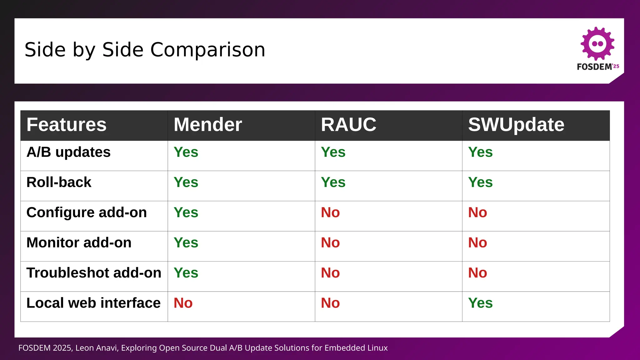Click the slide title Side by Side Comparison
pos(145,50)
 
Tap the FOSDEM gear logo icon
pos(597,43)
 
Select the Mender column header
pos(208,125)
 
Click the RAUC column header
pos(348,125)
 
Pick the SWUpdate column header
pos(516,125)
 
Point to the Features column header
pos(67,125)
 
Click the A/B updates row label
pos(68,152)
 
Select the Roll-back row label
pos(59,182)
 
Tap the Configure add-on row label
pos(87,212)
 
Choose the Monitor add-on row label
pos(79,242)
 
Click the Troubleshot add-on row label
pos(94,273)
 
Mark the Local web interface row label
pos(93,303)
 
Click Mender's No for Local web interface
pos(183,303)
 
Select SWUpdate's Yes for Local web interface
pos(480,303)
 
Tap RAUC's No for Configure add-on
pos(330,212)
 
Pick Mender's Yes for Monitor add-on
pos(186,242)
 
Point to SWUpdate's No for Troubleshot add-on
pos(477,273)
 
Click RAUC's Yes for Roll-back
pos(333,182)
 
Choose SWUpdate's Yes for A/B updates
pos(480,152)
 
